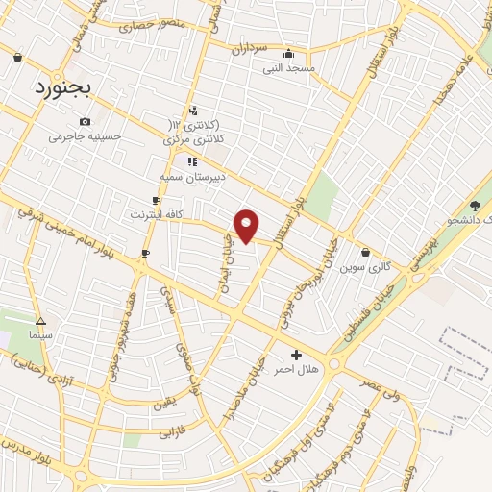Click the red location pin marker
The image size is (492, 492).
[x=247, y=225]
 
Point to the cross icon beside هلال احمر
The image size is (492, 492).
[x=296, y=355]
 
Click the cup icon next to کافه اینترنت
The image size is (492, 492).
[x=156, y=200]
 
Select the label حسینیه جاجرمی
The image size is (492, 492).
[x=86, y=135]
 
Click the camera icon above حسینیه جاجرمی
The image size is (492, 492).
[x=86, y=121]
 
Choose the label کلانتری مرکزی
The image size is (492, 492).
[x=197, y=140]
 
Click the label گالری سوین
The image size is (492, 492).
[x=360, y=266]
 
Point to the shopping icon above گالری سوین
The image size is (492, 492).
[x=366, y=253]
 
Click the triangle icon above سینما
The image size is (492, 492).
[x=40, y=321]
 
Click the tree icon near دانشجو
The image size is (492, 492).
[x=475, y=205]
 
